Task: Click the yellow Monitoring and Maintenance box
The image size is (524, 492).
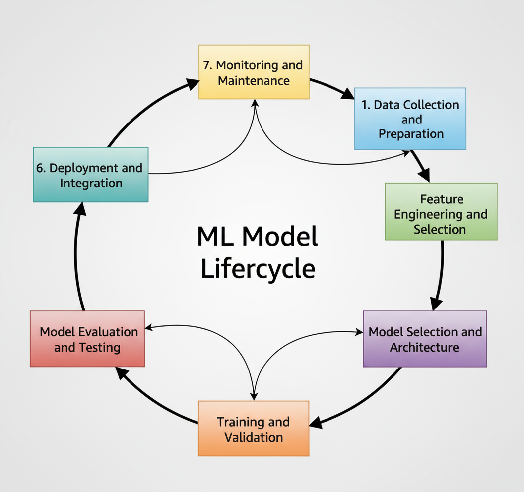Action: (254, 72)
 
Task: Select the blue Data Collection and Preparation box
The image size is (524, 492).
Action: (410, 119)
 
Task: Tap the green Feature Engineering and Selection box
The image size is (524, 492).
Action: (441, 211)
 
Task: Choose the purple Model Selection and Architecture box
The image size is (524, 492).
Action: (425, 339)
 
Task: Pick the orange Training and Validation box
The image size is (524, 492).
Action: (254, 429)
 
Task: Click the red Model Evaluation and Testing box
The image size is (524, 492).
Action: (87, 339)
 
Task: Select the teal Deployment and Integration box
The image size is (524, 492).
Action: (91, 175)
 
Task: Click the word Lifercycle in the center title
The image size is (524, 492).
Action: (258, 269)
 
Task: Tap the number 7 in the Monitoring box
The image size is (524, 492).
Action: (208, 65)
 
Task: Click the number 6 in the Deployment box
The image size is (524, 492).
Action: (40, 168)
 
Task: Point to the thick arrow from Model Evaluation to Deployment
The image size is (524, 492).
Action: (78, 258)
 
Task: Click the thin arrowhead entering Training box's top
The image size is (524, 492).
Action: (254, 395)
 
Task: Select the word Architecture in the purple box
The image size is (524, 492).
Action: (424, 347)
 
